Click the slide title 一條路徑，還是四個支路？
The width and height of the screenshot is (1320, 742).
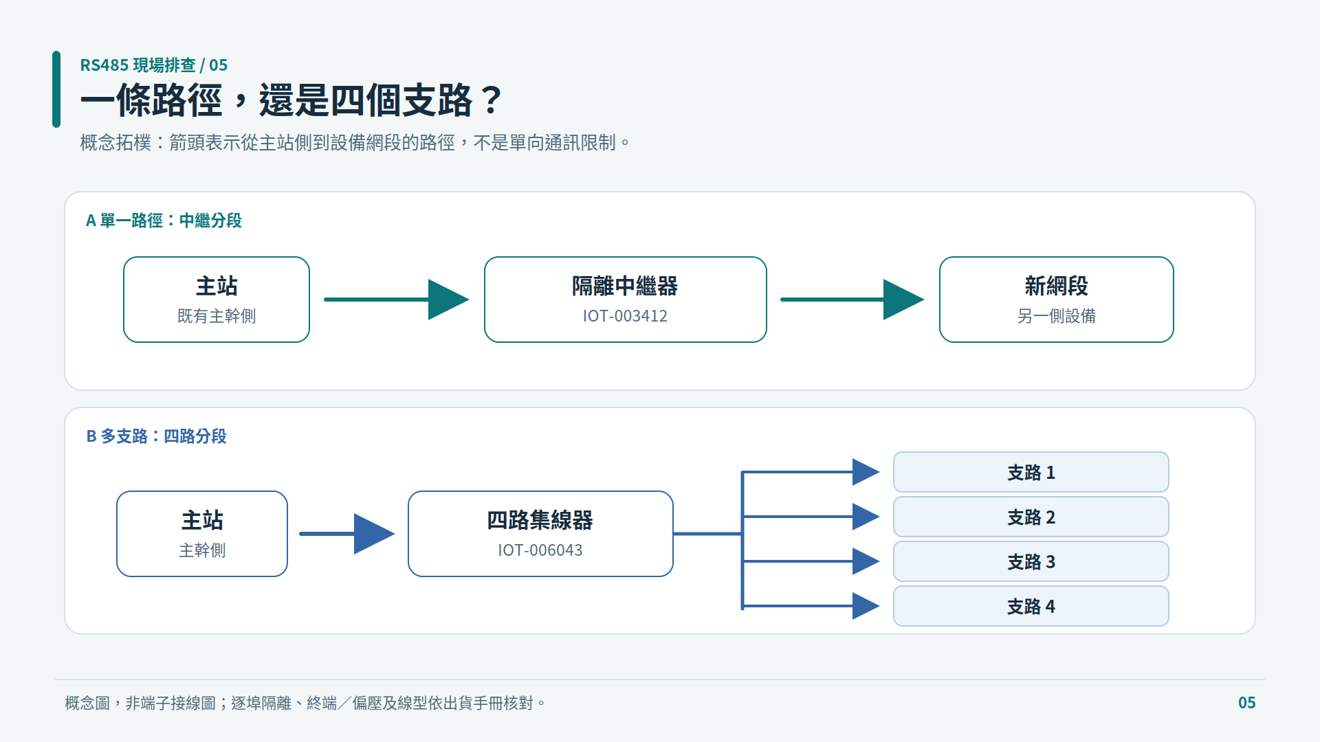point(292,100)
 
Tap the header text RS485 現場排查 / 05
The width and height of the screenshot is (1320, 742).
point(154,65)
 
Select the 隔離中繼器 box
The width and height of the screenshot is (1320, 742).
point(626,300)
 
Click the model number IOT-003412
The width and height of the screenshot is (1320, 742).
point(626,316)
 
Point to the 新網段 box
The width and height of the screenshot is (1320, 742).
point(1056,300)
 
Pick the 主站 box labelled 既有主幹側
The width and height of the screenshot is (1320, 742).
point(217,300)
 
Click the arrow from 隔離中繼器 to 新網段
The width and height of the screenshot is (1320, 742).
point(852,300)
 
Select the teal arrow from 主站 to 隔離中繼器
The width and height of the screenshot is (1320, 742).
point(397,300)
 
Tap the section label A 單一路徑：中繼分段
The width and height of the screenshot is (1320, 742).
point(164,221)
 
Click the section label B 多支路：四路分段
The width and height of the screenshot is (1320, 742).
point(156,436)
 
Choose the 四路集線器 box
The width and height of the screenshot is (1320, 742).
point(540,534)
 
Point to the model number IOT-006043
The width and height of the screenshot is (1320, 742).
point(540,550)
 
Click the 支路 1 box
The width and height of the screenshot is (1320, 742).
point(1031,472)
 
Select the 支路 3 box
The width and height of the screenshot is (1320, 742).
point(1031,561)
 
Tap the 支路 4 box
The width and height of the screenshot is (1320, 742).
point(1031,606)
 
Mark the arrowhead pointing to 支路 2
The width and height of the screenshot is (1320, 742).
point(866,517)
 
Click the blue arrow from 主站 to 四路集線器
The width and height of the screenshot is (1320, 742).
point(347,534)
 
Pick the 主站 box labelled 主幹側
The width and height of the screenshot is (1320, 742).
point(202,534)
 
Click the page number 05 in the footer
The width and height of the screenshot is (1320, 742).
point(1246,703)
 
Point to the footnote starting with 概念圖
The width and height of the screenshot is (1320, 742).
point(305,703)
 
